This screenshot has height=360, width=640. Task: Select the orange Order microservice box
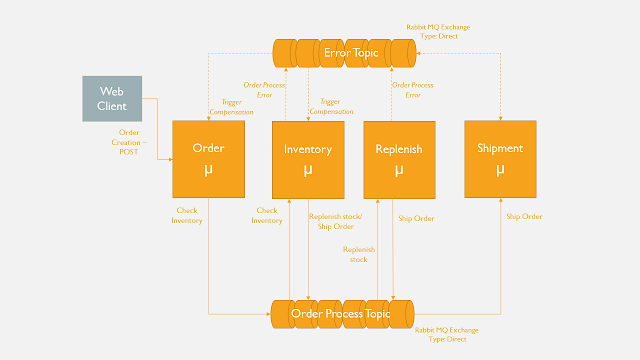(x=208, y=158)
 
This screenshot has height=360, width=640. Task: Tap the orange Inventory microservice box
(x=308, y=158)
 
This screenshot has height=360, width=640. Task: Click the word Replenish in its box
(x=398, y=149)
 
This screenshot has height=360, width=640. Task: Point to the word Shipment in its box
(x=500, y=148)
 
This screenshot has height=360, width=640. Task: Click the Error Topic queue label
(x=345, y=51)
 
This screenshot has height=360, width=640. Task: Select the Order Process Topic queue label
(x=340, y=313)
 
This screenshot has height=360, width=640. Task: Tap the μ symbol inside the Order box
(x=208, y=170)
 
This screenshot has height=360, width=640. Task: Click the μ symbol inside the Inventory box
(x=308, y=171)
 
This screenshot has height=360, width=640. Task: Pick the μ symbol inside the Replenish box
(x=398, y=171)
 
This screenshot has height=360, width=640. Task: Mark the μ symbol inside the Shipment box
(x=500, y=170)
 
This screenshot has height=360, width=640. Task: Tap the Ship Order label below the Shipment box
(x=523, y=216)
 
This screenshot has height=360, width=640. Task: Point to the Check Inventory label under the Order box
(x=187, y=215)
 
